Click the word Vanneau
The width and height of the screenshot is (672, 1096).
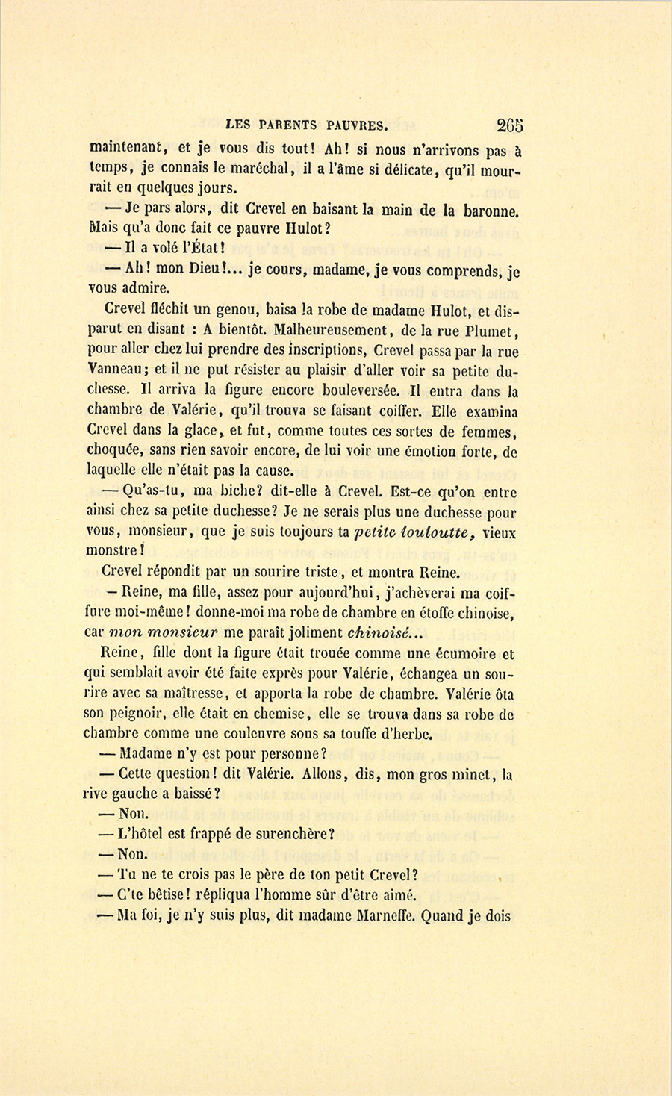113,369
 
